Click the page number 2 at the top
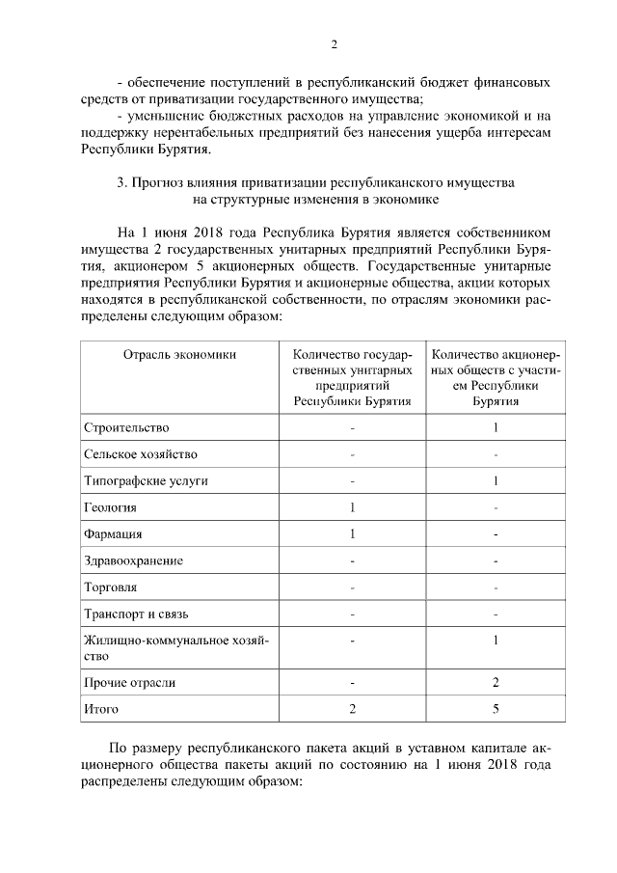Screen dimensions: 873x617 coord(334,44)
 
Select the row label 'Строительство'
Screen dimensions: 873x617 coord(126,427)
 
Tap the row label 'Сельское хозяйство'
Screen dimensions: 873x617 coord(141,453)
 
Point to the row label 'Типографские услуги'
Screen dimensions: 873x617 coord(146,480)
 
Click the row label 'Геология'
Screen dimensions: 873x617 coord(110,506)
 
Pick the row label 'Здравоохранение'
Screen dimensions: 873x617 coord(133,560)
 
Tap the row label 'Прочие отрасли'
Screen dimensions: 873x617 coord(129,683)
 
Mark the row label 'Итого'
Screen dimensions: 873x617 coord(101,709)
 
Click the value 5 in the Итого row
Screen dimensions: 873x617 coord(495,709)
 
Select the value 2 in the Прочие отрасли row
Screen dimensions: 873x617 coord(495,683)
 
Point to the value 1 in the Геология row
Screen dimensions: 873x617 coord(353,506)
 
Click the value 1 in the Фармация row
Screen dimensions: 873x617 coord(353,533)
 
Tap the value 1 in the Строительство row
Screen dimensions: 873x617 coord(495,427)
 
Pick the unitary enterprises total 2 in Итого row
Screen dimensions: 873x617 coord(353,709)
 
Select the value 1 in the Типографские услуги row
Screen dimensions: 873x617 coord(495,480)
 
